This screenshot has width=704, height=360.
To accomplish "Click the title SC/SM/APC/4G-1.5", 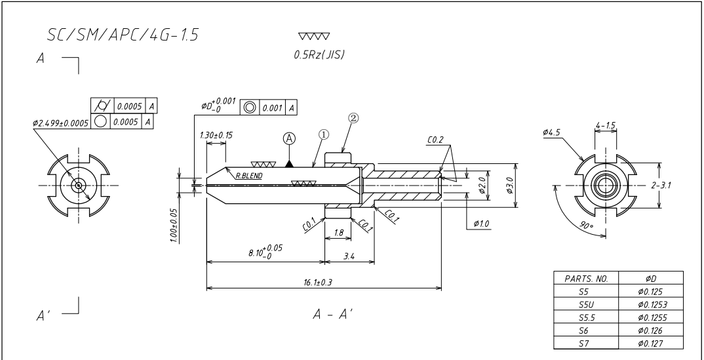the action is point(123,35).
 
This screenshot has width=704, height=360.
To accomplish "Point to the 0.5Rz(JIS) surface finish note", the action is point(319,55).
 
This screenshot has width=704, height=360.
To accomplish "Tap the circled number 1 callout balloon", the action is point(324,134).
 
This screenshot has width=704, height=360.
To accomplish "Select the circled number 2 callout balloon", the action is point(353,118).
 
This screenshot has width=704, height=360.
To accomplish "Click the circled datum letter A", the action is point(289,139).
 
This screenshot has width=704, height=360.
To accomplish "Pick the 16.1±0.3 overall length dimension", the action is point(318,283).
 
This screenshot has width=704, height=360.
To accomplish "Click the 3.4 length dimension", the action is point(349,256).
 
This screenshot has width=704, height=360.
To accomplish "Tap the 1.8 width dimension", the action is point(339,233).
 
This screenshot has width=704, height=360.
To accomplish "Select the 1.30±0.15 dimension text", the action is point(216,135).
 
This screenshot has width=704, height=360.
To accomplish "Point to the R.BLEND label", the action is point(249,176).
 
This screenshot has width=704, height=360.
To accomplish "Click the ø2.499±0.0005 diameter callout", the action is point(60,123).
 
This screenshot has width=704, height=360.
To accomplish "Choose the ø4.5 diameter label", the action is point(551,132).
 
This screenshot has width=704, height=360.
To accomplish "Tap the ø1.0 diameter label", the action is point(481,224).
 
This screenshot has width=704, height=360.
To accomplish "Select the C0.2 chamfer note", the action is point(435,140).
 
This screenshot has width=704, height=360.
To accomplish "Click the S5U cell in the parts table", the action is point(586,304).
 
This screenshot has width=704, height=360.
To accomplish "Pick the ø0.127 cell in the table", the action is point(651,344).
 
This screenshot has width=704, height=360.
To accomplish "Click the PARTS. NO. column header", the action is point(586,278).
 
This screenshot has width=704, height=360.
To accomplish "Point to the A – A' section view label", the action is point(333,314).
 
